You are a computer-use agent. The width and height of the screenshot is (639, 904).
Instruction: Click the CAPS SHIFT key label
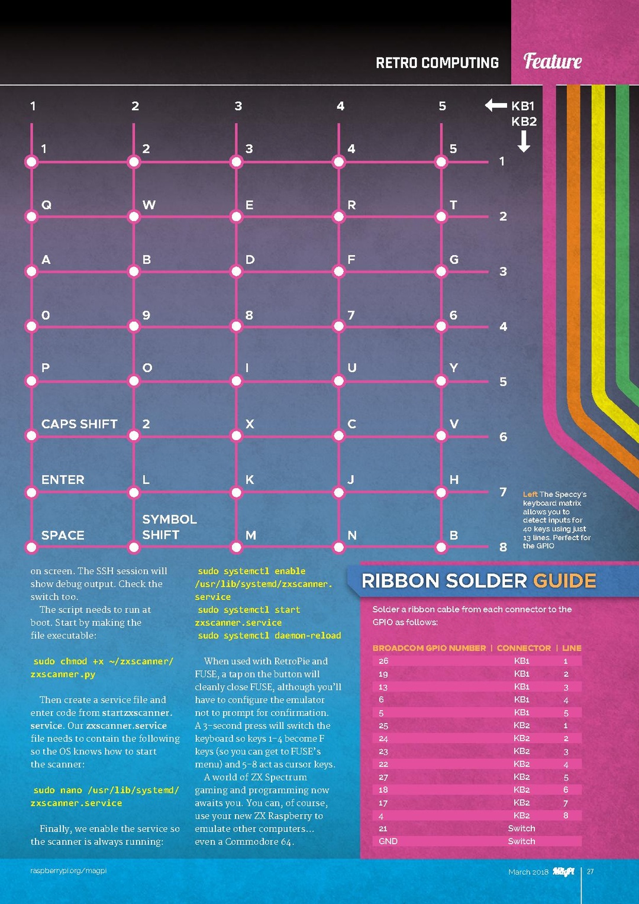pos(79,424)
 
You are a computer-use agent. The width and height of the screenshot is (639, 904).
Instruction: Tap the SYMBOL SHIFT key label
pos(169,527)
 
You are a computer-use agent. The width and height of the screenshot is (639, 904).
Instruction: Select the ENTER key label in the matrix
pos(63,479)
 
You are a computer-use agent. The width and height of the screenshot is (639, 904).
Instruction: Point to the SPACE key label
pos(63,535)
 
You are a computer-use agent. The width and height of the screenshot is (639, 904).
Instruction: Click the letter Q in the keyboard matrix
pos(46,205)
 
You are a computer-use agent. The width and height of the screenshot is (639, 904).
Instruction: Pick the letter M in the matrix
pos(251,535)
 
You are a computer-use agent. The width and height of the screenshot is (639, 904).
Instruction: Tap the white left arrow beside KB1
pos(495,105)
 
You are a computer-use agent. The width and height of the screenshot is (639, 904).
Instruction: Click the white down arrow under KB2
pos(524,141)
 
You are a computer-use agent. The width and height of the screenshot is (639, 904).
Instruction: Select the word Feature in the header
pos(553,61)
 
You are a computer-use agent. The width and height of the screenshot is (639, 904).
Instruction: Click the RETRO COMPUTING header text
pos(437,63)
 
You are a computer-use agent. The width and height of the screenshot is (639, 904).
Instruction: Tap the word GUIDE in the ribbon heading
pos(564,581)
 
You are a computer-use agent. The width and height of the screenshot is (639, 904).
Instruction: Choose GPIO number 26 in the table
pos(383,661)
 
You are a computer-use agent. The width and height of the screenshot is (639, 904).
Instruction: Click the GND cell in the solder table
pos(388,841)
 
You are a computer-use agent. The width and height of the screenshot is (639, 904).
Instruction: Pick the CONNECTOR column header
pos(524,648)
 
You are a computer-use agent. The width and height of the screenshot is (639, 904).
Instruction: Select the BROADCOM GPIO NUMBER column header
pos(429,648)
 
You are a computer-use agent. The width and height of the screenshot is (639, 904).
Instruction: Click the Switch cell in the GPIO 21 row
pos(521,828)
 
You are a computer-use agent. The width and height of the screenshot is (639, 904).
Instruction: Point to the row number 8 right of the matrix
pos(503,547)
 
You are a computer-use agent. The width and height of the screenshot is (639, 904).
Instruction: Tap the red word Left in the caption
pos(530,494)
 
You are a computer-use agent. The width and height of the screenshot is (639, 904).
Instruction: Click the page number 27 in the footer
pos(590,871)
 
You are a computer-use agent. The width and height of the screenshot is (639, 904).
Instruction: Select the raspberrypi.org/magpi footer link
pos(69,871)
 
